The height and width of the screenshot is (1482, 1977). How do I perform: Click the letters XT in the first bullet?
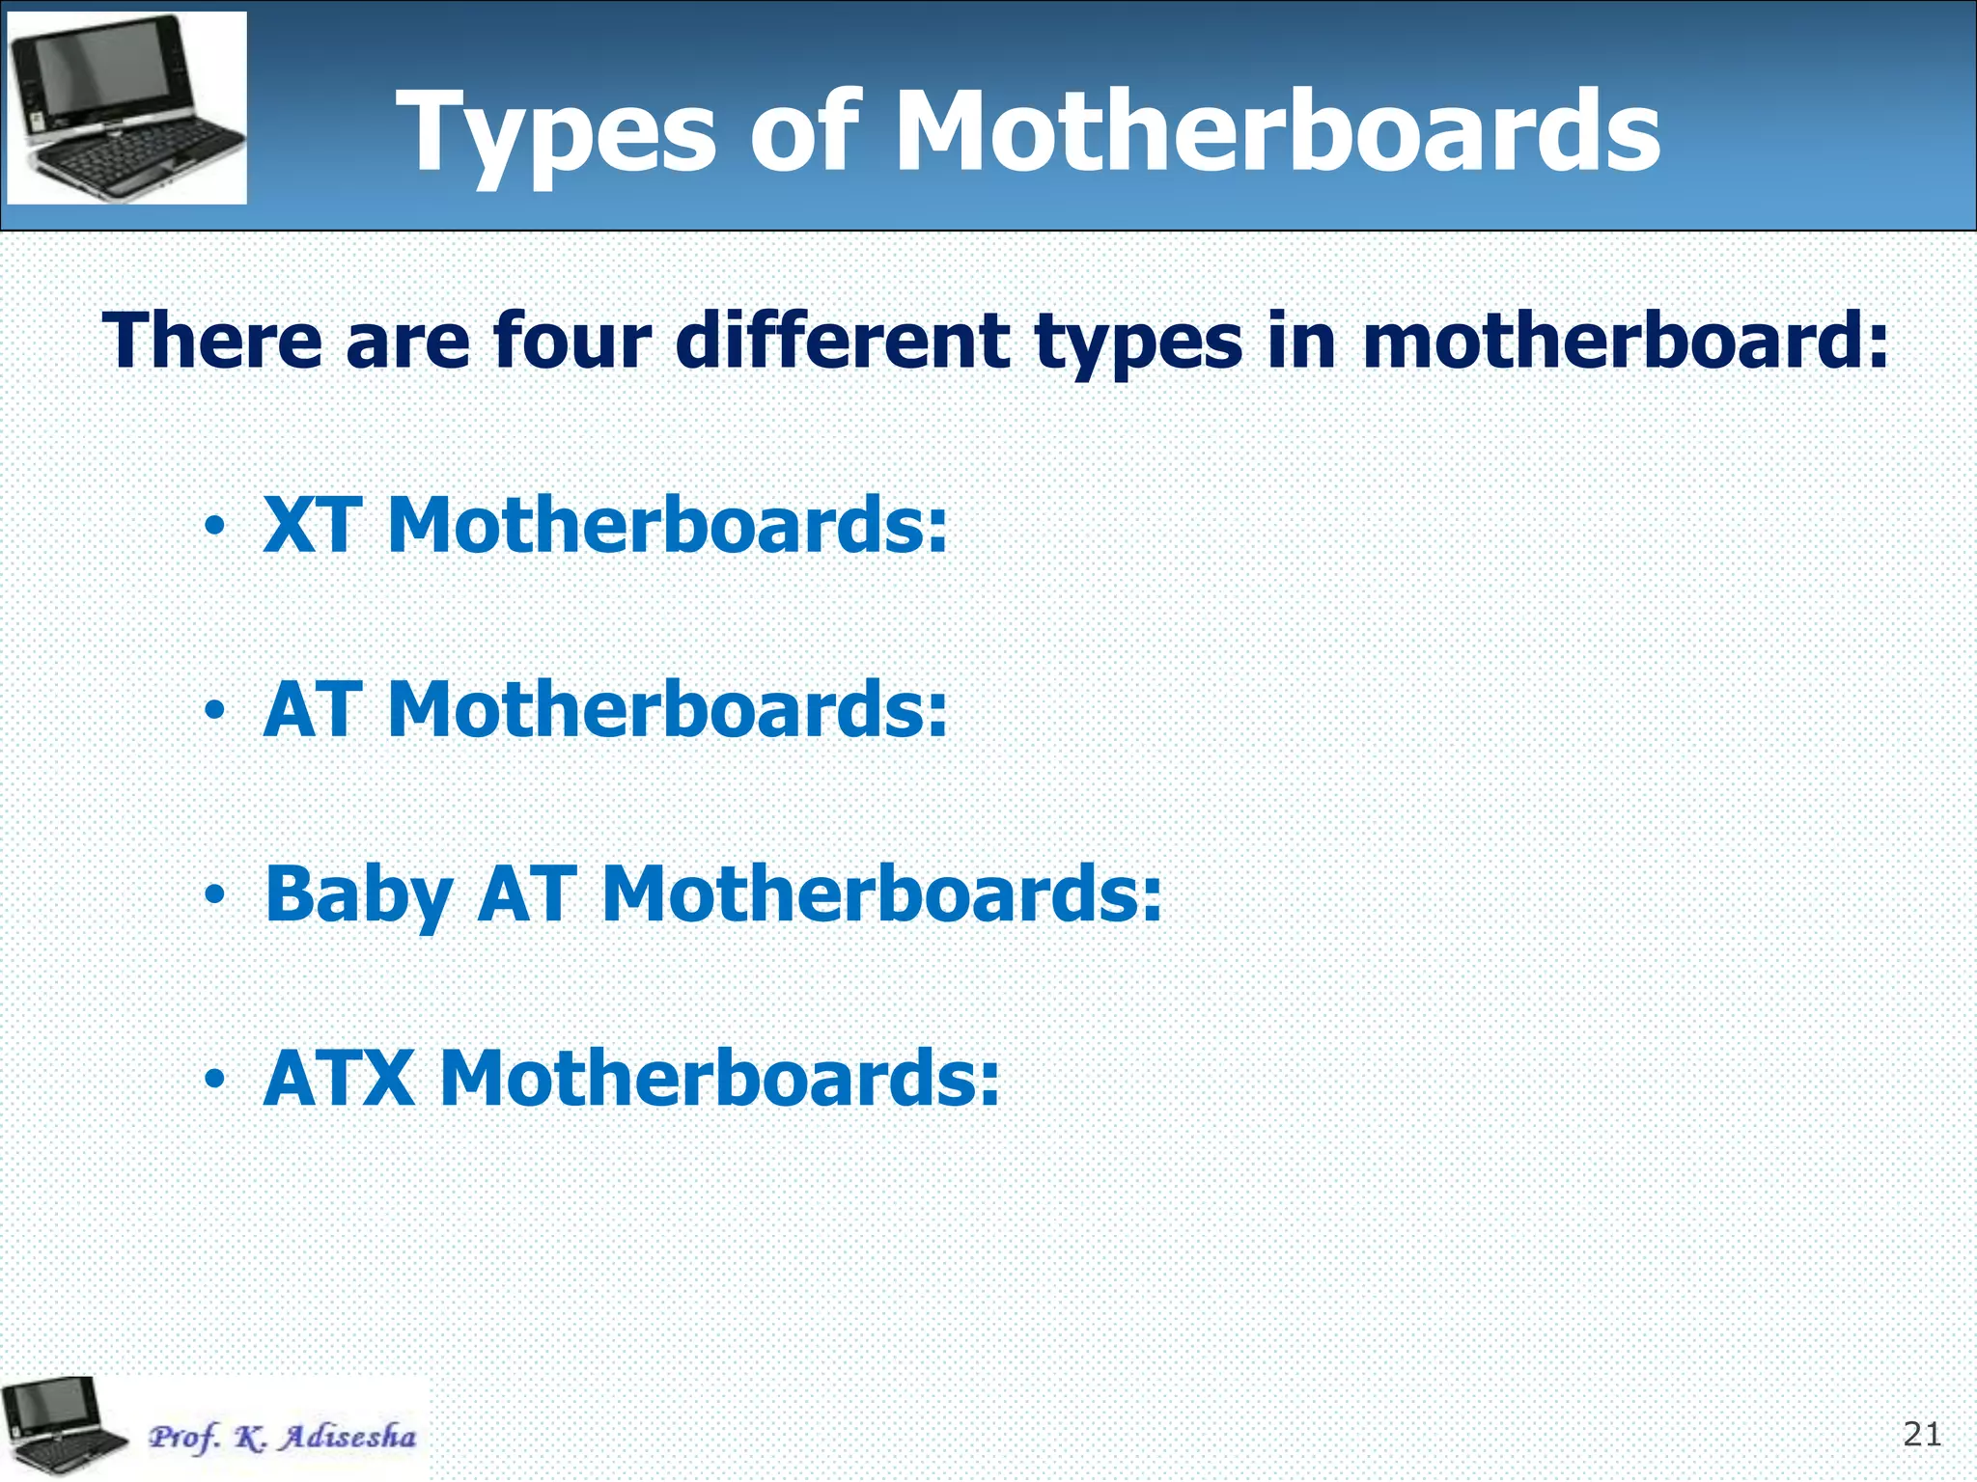click(312, 526)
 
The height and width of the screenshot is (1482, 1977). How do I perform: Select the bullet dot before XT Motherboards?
click(214, 528)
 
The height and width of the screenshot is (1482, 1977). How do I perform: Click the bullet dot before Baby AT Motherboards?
click(214, 896)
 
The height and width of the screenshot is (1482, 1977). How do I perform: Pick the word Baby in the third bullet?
click(358, 895)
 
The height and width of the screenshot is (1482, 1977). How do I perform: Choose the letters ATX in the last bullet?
click(339, 1079)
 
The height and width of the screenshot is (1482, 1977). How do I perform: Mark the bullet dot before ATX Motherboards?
click(214, 1081)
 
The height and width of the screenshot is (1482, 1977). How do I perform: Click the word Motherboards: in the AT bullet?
click(667, 710)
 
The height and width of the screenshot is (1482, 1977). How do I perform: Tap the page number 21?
click(1921, 1435)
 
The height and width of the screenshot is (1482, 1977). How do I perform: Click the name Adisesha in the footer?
click(348, 1437)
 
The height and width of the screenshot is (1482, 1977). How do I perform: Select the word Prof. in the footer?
click(182, 1438)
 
